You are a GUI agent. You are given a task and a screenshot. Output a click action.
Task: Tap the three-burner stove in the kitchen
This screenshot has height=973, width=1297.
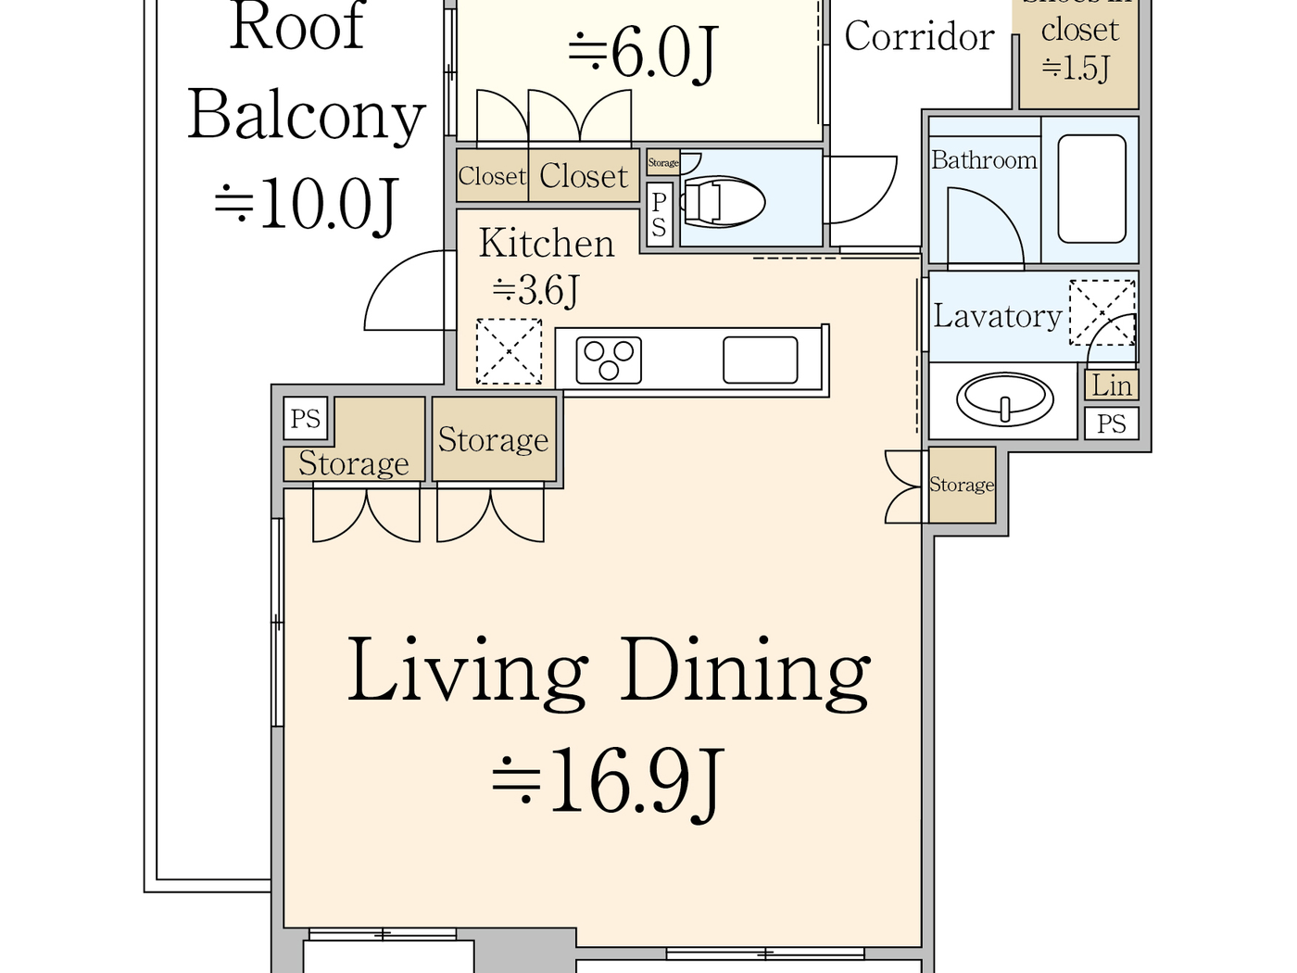(609, 360)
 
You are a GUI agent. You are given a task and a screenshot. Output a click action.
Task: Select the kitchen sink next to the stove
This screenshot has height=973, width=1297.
(760, 360)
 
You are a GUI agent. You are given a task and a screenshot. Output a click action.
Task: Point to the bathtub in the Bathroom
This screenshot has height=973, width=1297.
(1091, 189)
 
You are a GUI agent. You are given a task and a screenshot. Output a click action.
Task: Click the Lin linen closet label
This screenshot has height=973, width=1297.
(1112, 385)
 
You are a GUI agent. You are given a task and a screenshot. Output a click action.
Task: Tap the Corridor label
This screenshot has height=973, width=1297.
(919, 37)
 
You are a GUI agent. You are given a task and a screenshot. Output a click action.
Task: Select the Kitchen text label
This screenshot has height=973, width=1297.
(547, 244)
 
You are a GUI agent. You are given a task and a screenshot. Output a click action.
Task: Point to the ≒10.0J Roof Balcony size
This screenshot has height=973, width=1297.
(306, 204)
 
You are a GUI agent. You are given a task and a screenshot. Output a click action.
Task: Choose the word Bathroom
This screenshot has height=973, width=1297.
(984, 160)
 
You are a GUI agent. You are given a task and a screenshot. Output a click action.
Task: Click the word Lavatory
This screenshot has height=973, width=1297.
(997, 316)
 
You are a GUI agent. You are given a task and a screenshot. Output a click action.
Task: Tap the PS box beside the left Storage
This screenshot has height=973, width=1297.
(306, 419)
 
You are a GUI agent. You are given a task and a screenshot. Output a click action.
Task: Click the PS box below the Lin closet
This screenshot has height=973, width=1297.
(1112, 424)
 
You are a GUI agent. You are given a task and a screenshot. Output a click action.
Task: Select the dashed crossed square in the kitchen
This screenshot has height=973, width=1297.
(509, 351)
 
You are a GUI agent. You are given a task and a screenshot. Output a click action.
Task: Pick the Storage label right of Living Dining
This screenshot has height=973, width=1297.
(962, 485)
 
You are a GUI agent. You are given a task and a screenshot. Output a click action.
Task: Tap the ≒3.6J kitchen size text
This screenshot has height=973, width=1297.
(535, 291)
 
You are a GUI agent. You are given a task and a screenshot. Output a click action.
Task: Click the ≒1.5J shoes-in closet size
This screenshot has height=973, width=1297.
(1076, 68)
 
